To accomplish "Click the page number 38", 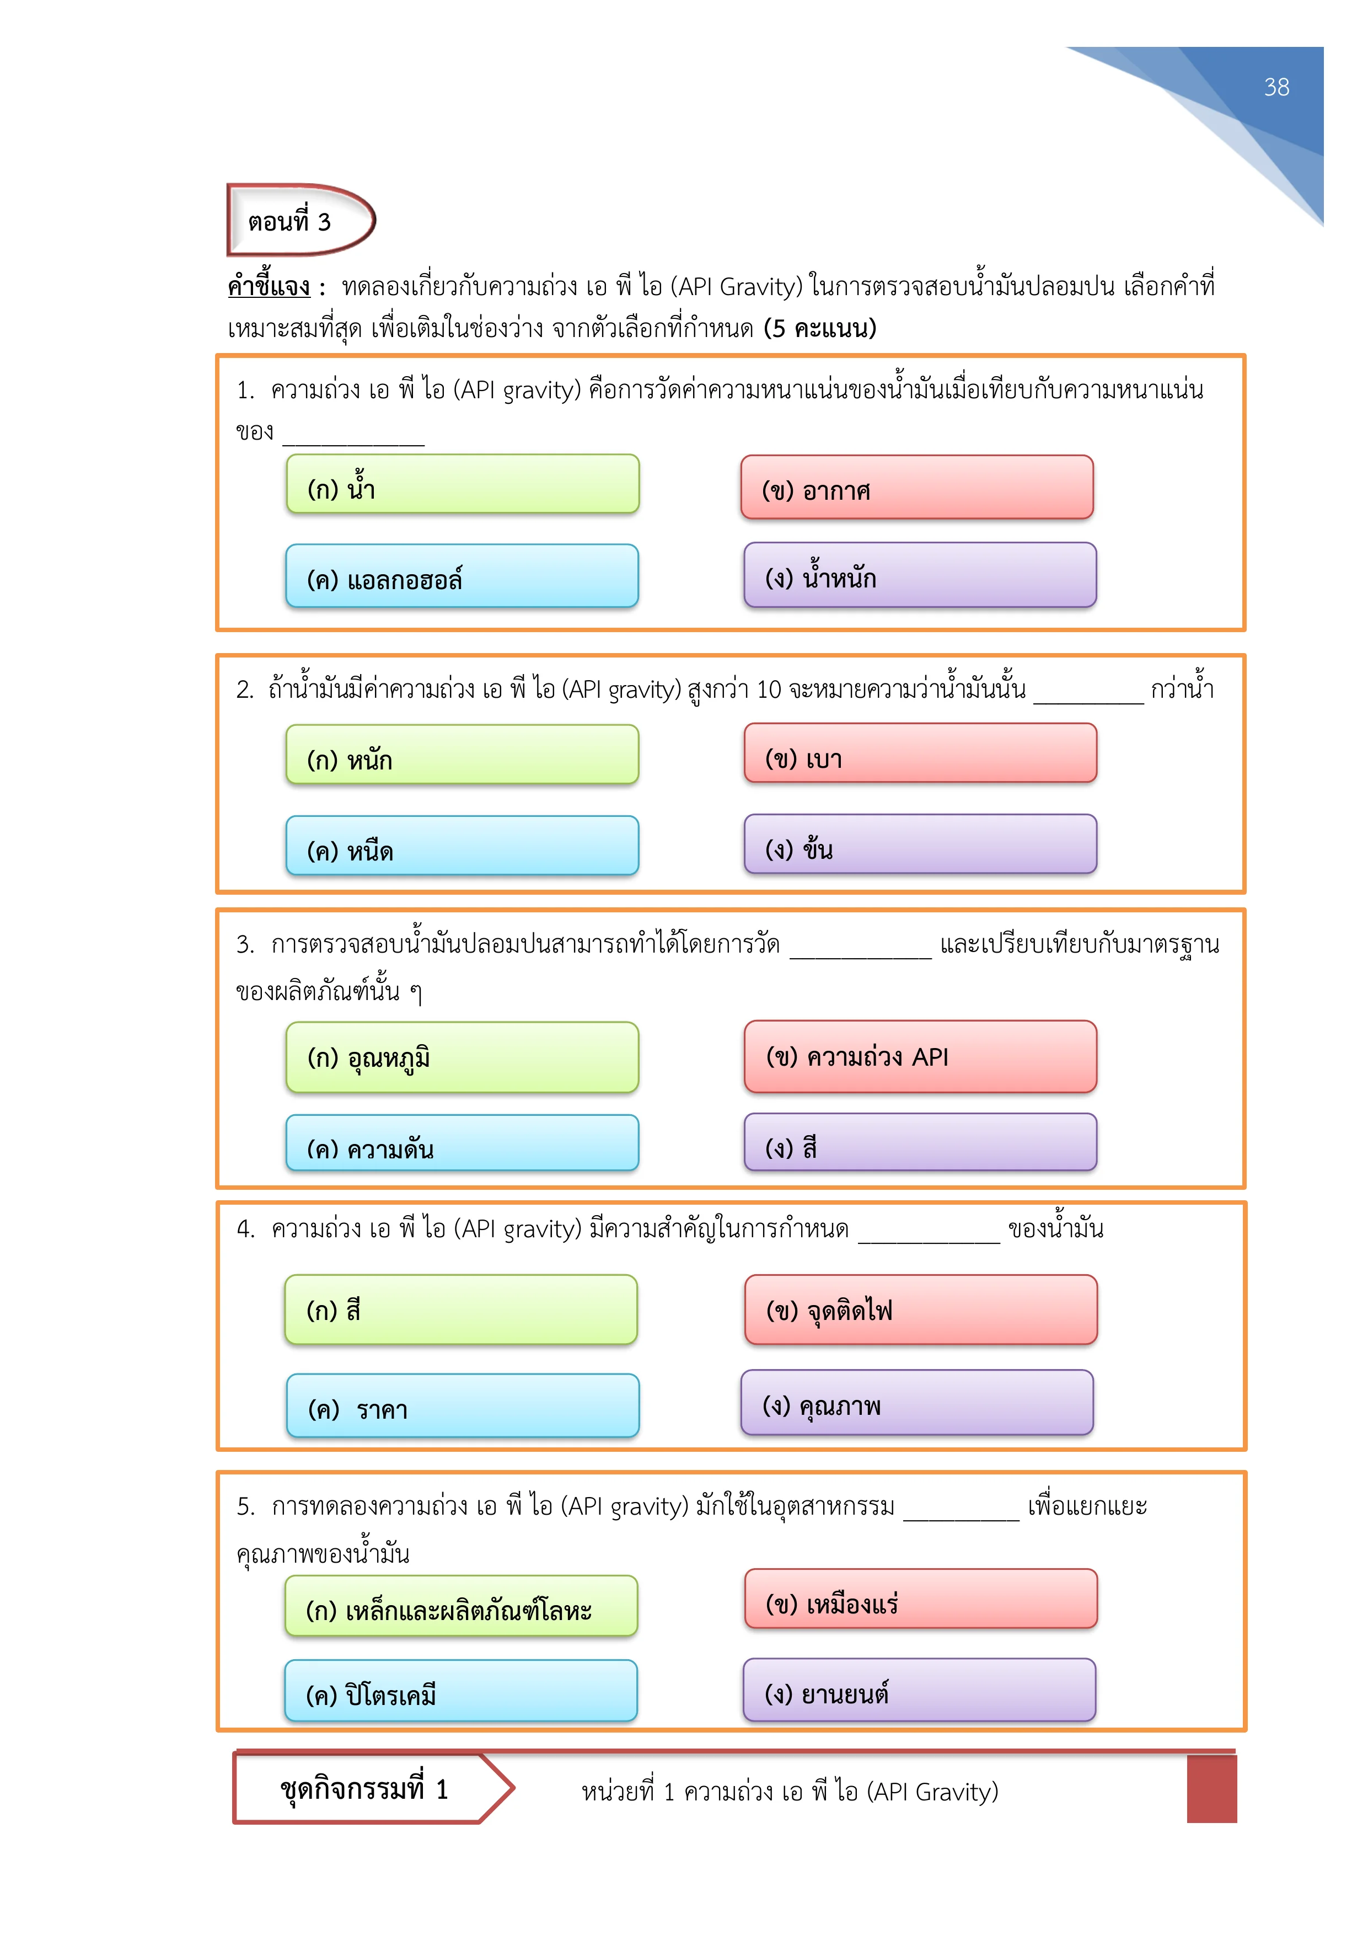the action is (1276, 88).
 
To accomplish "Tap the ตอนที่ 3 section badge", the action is (301, 220).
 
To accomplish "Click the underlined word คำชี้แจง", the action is (269, 286).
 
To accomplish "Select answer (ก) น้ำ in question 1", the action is (463, 485).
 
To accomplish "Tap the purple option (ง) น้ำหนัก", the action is (920, 575).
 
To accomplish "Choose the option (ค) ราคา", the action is (463, 1405).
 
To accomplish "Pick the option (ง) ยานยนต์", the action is (919, 1690).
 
